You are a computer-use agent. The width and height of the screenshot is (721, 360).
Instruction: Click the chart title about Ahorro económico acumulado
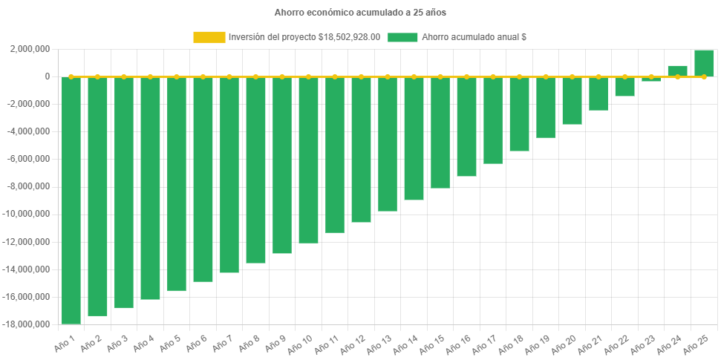(360, 13)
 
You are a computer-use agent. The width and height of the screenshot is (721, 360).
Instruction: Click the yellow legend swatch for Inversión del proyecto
(209, 36)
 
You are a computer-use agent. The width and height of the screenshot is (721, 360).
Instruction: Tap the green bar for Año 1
(71, 200)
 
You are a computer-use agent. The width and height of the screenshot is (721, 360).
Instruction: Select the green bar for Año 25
(704, 63)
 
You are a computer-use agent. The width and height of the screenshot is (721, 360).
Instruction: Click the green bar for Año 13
(388, 144)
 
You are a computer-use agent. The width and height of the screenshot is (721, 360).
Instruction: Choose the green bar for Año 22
(624, 86)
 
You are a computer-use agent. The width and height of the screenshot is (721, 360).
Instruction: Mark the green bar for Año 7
(229, 174)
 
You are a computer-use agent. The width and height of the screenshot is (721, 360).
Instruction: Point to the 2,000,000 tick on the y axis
(30, 49)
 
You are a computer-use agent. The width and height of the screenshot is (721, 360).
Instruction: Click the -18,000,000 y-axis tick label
(27, 324)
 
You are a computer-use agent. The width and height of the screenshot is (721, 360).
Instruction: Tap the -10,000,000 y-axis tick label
(27, 215)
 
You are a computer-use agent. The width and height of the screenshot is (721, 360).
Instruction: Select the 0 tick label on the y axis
(47, 76)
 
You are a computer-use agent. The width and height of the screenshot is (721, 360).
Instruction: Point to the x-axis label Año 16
(460, 344)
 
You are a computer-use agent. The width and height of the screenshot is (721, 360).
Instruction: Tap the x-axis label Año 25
(698, 344)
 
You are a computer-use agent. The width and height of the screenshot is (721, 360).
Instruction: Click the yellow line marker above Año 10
(308, 76)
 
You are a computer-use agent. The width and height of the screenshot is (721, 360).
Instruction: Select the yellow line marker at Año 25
(704, 76)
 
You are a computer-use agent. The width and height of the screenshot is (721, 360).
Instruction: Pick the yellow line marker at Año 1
(71, 76)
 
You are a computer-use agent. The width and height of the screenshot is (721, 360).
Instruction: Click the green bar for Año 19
(546, 107)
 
